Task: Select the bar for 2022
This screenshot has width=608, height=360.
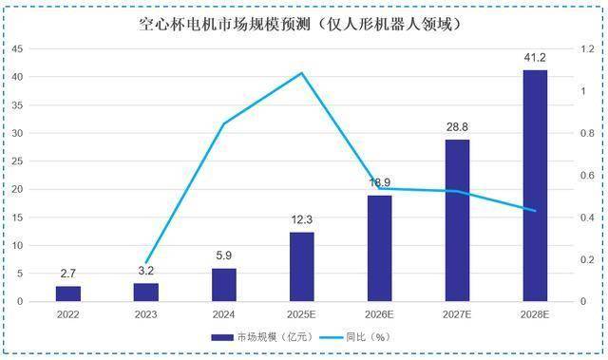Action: coord(68,294)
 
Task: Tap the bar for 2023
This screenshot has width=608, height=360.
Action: coord(146,292)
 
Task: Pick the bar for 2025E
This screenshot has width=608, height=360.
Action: coord(302,267)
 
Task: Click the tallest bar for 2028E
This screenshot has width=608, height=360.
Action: coord(536,185)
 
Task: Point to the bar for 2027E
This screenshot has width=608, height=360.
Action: coord(458,220)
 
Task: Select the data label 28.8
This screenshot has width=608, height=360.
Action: coord(458,126)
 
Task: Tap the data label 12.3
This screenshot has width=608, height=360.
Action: coord(302,219)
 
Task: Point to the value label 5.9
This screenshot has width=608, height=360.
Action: coord(224,256)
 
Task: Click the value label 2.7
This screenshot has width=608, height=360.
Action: coord(68,274)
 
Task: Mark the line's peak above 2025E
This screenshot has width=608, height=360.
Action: coord(302,72)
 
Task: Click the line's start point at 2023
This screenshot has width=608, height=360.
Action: coord(146,263)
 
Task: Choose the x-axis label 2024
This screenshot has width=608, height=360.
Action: coord(224,313)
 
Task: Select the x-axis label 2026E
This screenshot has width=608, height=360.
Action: coord(380,313)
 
